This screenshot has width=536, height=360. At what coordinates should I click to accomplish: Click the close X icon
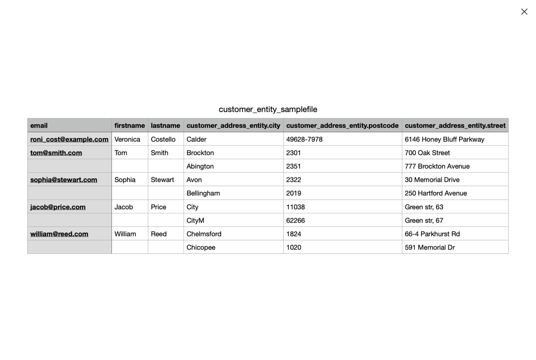click(x=524, y=12)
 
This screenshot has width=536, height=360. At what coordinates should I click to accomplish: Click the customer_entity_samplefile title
click(x=268, y=109)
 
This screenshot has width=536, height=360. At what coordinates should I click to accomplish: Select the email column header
click(x=39, y=126)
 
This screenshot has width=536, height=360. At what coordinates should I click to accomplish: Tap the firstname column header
click(x=129, y=126)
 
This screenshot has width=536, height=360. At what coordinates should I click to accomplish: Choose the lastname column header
click(x=165, y=126)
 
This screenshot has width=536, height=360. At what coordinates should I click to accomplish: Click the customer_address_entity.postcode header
click(x=342, y=126)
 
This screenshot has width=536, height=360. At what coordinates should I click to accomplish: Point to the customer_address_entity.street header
click(x=455, y=126)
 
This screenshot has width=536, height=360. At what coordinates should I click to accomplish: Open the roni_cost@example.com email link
click(x=69, y=139)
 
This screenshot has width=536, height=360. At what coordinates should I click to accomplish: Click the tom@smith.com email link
click(x=56, y=153)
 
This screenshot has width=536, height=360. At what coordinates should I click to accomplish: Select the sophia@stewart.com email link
click(x=64, y=180)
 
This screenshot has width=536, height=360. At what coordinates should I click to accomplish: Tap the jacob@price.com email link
click(x=58, y=207)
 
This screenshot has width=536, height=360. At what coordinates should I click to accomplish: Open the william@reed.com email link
click(x=59, y=234)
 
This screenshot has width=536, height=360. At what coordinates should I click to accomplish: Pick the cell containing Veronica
click(x=127, y=139)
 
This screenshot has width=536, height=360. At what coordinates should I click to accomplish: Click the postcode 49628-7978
click(x=304, y=139)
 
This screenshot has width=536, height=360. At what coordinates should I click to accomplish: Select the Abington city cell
click(x=200, y=166)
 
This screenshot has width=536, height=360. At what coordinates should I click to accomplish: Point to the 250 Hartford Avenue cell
click(x=435, y=193)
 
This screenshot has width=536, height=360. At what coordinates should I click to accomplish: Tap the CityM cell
click(x=196, y=221)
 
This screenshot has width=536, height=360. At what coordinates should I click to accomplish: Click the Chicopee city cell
click(x=201, y=247)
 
